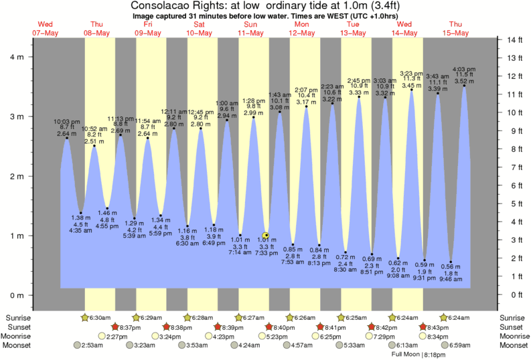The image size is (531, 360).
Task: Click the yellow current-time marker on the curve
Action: [266, 236]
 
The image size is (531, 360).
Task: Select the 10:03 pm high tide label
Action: [67, 122]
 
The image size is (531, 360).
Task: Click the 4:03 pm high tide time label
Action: [464, 68]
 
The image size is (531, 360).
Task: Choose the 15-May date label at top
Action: [457, 33]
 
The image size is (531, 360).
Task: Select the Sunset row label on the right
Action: [512, 327]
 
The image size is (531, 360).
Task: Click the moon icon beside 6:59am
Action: [442, 345]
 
